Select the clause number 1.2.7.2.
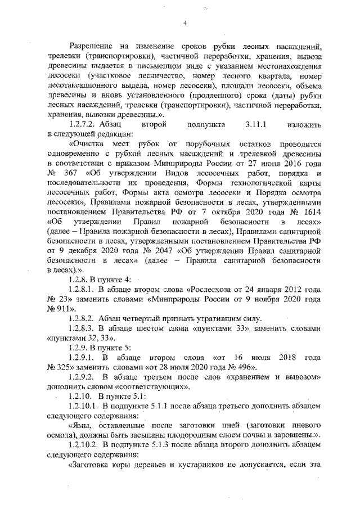tap(82, 123)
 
